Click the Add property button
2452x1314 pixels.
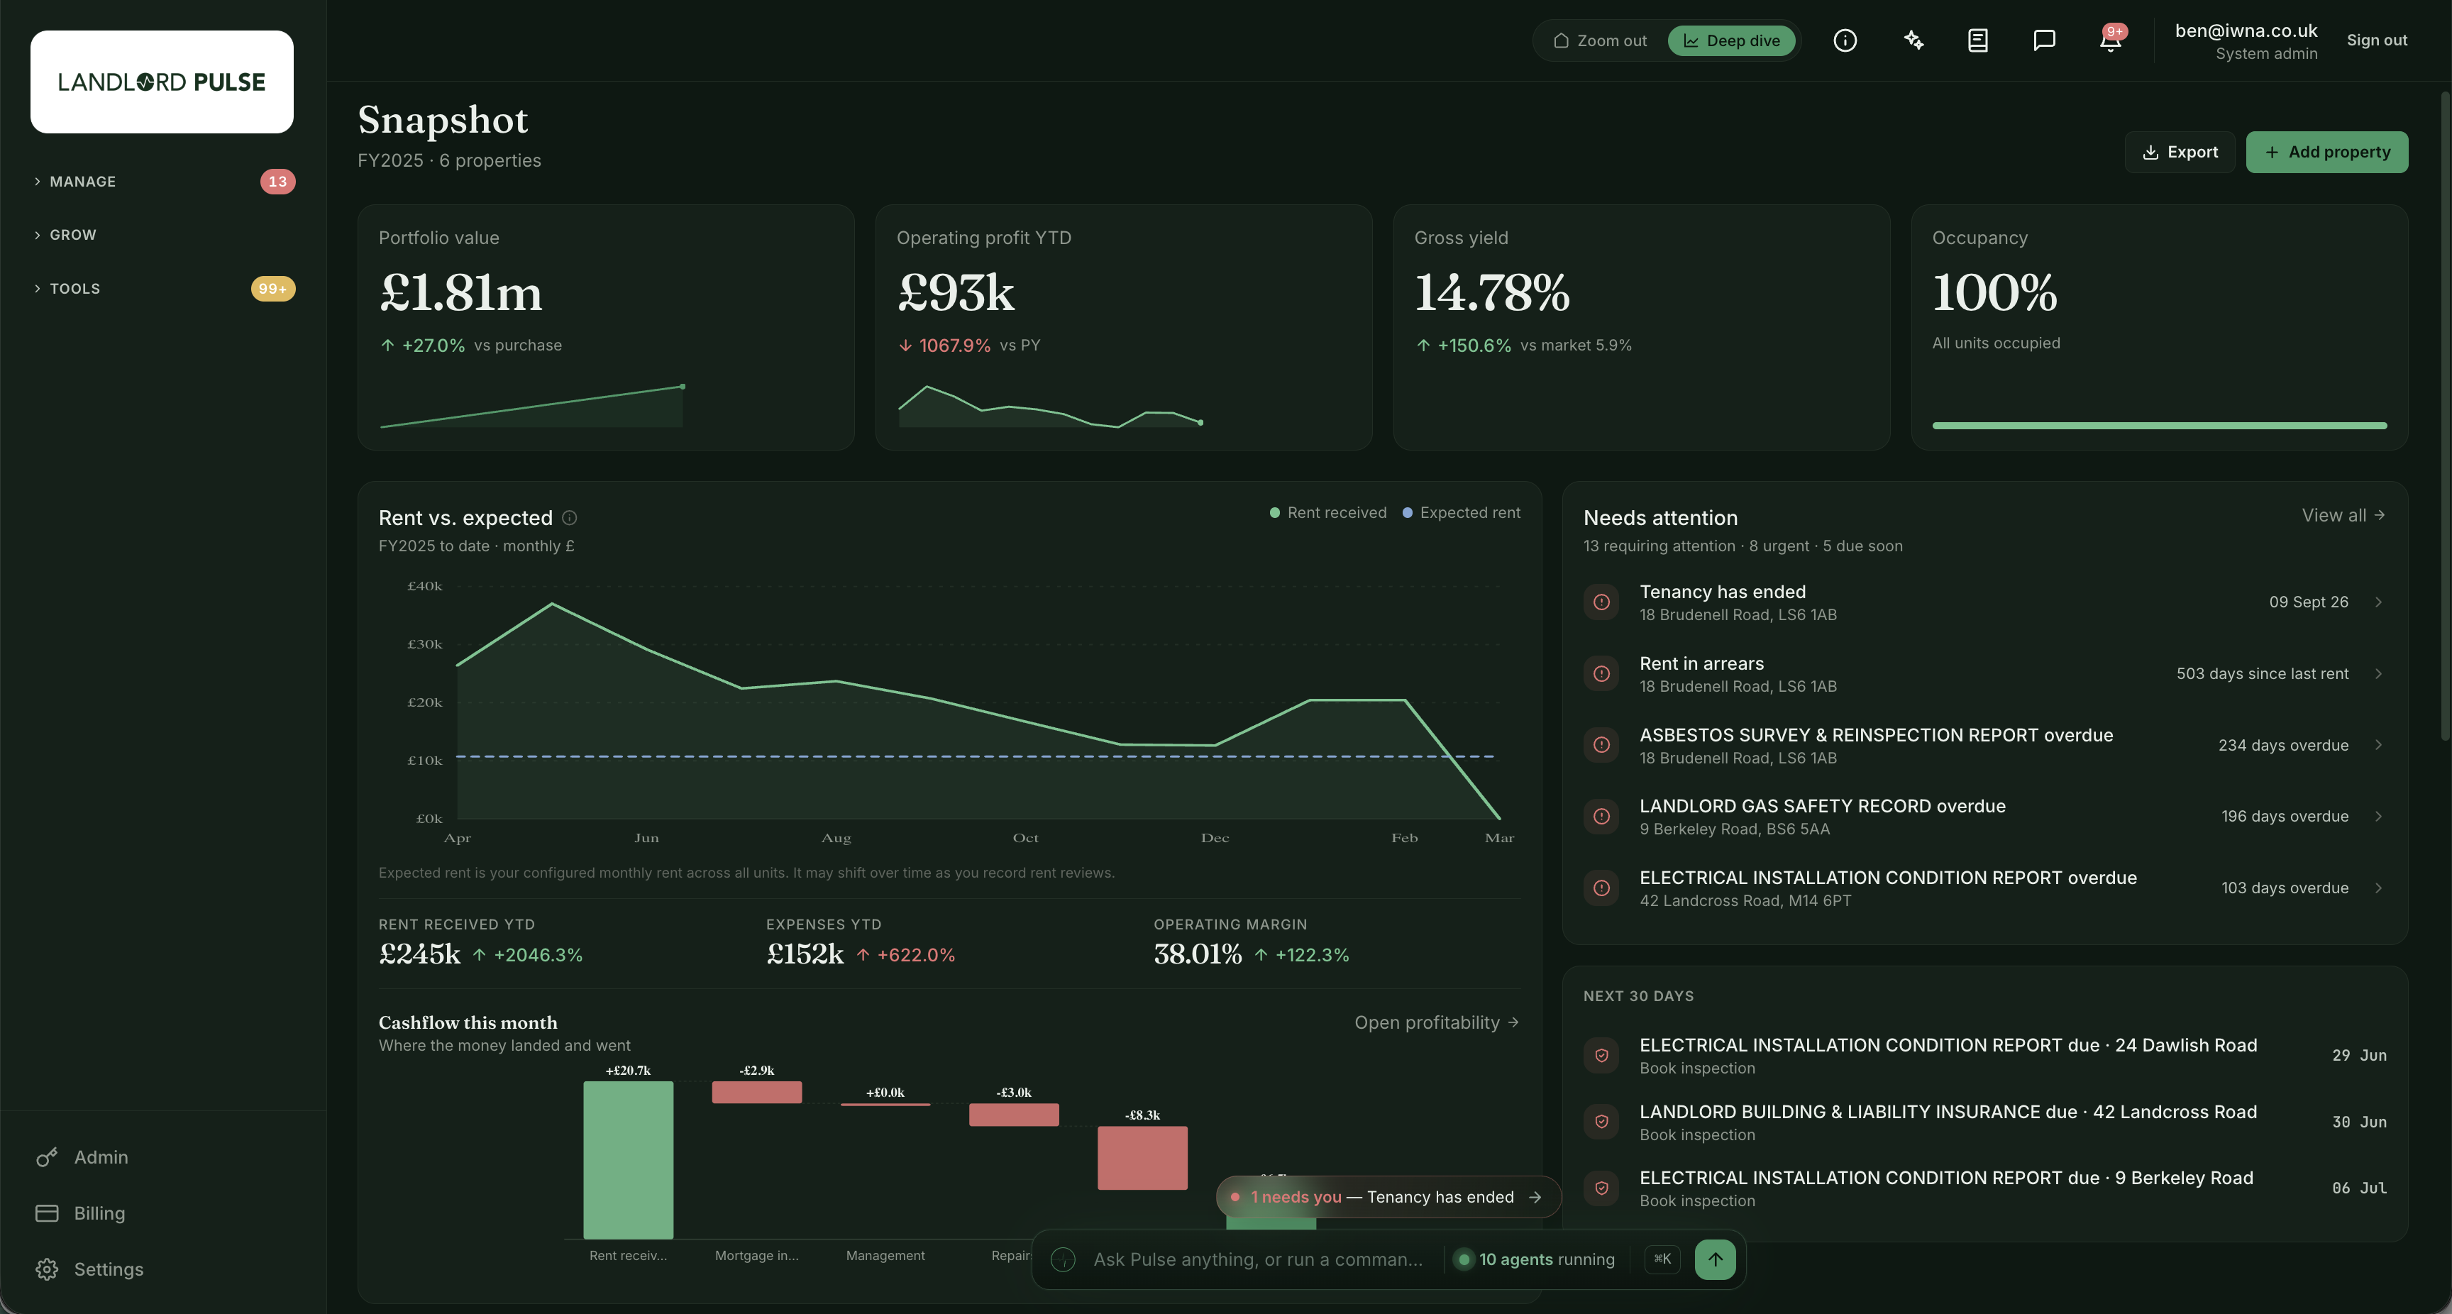(x=2326, y=153)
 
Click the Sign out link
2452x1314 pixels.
(x=2377, y=40)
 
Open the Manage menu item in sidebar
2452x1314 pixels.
(x=83, y=182)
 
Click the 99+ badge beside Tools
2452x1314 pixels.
(x=273, y=289)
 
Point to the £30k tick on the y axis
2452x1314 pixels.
(x=424, y=645)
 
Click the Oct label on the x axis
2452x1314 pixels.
(x=1025, y=838)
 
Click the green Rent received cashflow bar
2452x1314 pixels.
(x=628, y=1160)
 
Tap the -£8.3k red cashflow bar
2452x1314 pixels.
(x=1142, y=1158)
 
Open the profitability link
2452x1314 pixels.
(x=1436, y=1022)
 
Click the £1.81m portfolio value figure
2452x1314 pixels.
(x=460, y=292)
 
